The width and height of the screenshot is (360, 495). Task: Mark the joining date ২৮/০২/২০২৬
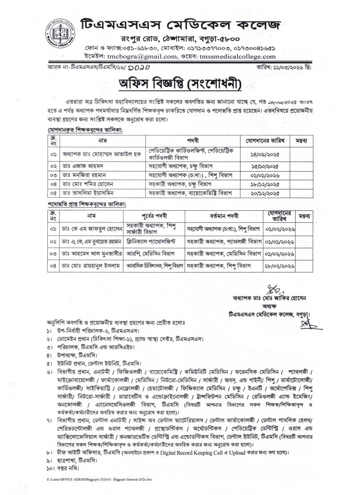point(277,264)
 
